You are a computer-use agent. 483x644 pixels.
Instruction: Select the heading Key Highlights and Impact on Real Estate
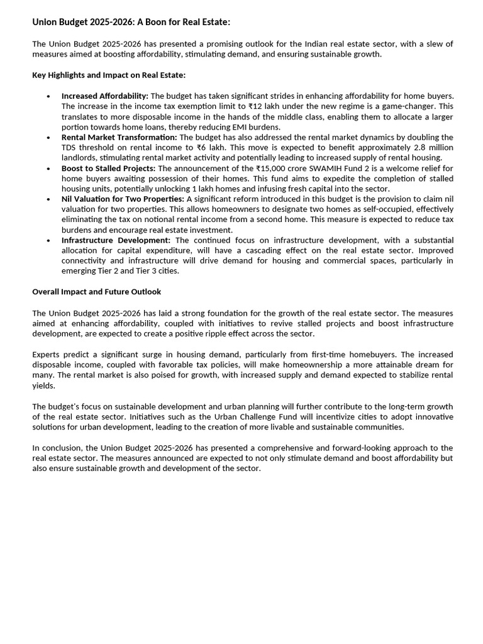coord(109,75)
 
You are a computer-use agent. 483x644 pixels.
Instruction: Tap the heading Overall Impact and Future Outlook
coord(96,292)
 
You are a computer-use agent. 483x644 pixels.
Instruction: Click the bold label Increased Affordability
coord(104,96)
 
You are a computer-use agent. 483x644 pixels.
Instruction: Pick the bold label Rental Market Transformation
coord(119,137)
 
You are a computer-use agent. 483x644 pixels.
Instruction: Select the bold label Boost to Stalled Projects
coord(108,169)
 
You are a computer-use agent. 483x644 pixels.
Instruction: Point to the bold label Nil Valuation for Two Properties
coord(123,199)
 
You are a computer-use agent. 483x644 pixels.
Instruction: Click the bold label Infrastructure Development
coord(116,240)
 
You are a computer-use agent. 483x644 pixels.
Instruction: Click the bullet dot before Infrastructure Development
coord(48,241)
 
